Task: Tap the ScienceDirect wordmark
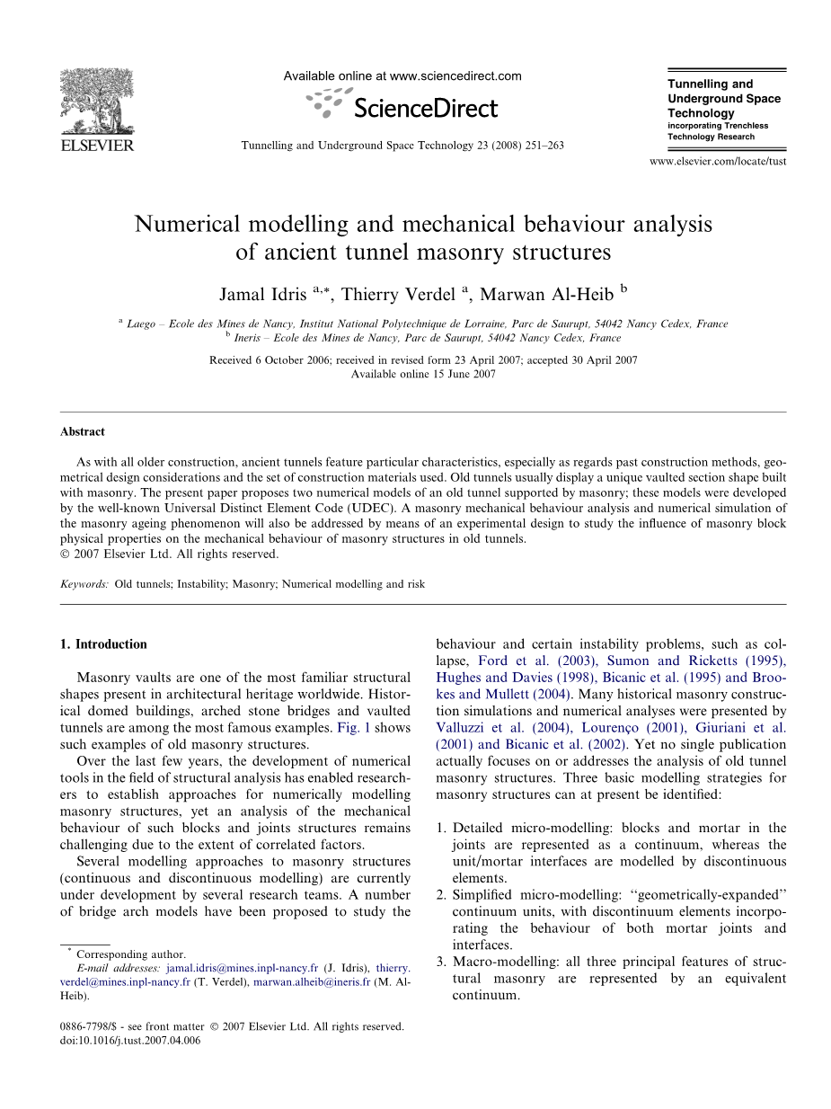pyautogui.click(x=425, y=109)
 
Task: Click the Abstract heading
pyautogui.click(x=83, y=431)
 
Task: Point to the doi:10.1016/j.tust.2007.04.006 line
pyautogui.click(x=130, y=1041)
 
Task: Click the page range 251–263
pyautogui.click(x=540, y=146)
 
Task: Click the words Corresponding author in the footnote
pyautogui.click(x=131, y=954)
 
